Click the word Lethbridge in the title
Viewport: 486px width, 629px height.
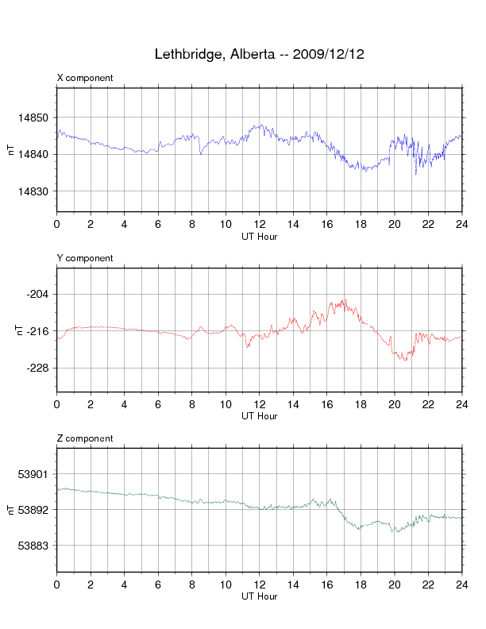pos(187,54)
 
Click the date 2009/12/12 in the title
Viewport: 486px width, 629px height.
pos(329,54)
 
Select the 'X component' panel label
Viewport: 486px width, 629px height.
pos(85,78)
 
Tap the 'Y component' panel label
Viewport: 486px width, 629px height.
pos(85,258)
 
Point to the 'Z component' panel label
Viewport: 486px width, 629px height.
pos(85,438)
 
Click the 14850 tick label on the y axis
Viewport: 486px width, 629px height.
pos(33,118)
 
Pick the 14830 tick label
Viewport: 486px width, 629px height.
pos(33,191)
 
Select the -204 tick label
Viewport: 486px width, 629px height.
pos(37,295)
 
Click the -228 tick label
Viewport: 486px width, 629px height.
pos(37,369)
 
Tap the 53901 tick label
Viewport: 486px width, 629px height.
pos(33,475)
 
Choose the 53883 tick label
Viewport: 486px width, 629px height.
pos(33,546)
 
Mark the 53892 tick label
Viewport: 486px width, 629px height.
pos(33,510)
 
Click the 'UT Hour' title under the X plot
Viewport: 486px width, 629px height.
pos(260,237)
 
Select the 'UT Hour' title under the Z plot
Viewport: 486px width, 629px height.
pos(260,596)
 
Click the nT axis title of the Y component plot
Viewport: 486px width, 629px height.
pos(18,330)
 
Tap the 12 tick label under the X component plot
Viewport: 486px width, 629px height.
pos(260,224)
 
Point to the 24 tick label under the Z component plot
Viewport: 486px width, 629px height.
pos(462,585)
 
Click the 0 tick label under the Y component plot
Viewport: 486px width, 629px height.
pos(57,404)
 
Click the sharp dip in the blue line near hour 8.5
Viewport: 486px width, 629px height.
pos(200,153)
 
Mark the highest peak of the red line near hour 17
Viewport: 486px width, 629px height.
pos(345,299)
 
